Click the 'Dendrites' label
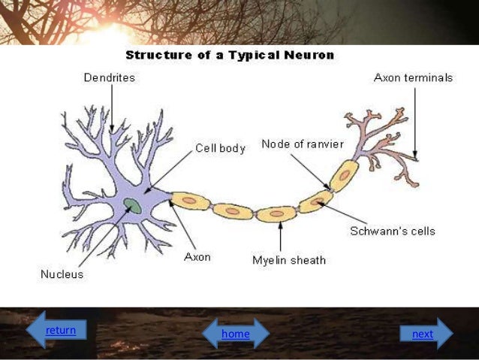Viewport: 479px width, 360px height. tap(109, 77)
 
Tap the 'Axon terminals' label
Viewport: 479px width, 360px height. tap(413, 77)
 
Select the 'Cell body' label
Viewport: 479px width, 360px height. tap(220, 148)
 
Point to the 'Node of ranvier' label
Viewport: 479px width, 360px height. tap(302, 144)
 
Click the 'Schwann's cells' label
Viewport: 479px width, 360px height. tap(392, 231)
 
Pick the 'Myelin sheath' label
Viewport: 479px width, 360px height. tap(288, 260)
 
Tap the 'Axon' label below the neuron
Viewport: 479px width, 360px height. tap(197, 256)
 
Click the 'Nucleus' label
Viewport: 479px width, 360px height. tap(62, 274)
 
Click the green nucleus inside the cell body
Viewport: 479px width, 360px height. tap(134, 205)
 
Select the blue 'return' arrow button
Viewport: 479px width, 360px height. tap(56, 330)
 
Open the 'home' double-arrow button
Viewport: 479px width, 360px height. tap(235, 334)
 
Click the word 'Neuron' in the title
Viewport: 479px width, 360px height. tap(309, 55)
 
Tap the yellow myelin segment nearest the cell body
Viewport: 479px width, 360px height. tap(191, 201)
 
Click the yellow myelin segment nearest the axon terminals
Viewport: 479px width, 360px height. tap(344, 176)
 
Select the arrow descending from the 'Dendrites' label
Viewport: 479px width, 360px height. tap(111, 107)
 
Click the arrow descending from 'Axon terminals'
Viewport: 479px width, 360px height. tap(414, 120)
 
